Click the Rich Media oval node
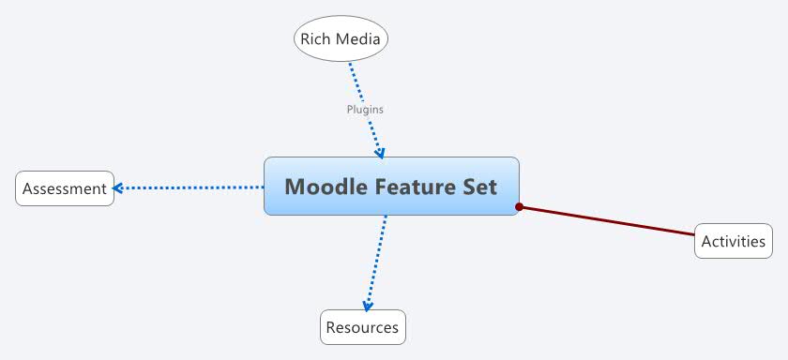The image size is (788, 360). (341, 39)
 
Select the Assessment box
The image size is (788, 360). (65, 188)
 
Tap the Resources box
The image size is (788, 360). (362, 327)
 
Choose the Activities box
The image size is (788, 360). (734, 241)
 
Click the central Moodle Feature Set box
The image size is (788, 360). (391, 186)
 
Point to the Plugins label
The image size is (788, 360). (365, 110)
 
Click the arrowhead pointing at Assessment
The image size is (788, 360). (117, 188)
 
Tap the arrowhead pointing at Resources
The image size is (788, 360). (368, 305)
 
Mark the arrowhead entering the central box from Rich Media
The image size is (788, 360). (379, 152)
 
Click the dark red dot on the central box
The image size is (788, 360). (519, 206)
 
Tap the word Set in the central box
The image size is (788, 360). (479, 187)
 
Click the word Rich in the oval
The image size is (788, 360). (315, 39)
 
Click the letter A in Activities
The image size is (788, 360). (706, 241)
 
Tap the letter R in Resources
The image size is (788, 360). (330, 327)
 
